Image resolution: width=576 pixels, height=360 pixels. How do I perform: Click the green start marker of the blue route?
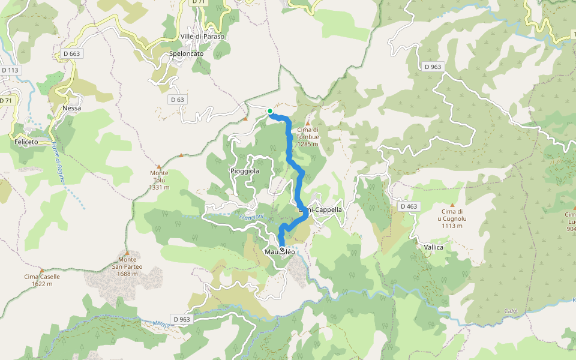(270, 111)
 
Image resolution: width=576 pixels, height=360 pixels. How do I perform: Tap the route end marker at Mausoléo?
(282, 250)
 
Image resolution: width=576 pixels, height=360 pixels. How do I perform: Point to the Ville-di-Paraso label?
(202, 37)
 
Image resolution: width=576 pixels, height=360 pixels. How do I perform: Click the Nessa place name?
(71, 108)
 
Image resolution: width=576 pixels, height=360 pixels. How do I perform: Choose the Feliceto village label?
(26, 142)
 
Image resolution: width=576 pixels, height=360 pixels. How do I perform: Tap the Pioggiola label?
(245, 171)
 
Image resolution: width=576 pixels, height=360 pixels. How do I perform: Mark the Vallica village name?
(433, 247)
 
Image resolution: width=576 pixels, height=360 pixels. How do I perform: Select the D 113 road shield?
(10, 70)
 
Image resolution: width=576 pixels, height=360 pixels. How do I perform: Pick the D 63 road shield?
(176, 100)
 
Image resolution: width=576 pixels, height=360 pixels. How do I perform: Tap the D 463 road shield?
(408, 206)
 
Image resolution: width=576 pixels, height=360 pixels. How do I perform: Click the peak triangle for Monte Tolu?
(159, 166)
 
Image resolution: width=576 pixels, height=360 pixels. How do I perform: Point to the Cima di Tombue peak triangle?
(308, 123)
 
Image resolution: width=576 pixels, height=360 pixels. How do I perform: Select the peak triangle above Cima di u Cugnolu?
(452, 205)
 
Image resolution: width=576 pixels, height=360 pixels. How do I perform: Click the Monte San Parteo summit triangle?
(127, 252)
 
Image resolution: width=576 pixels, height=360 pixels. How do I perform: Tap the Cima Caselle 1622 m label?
(42, 280)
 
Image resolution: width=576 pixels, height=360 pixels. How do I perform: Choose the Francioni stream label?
(251, 217)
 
